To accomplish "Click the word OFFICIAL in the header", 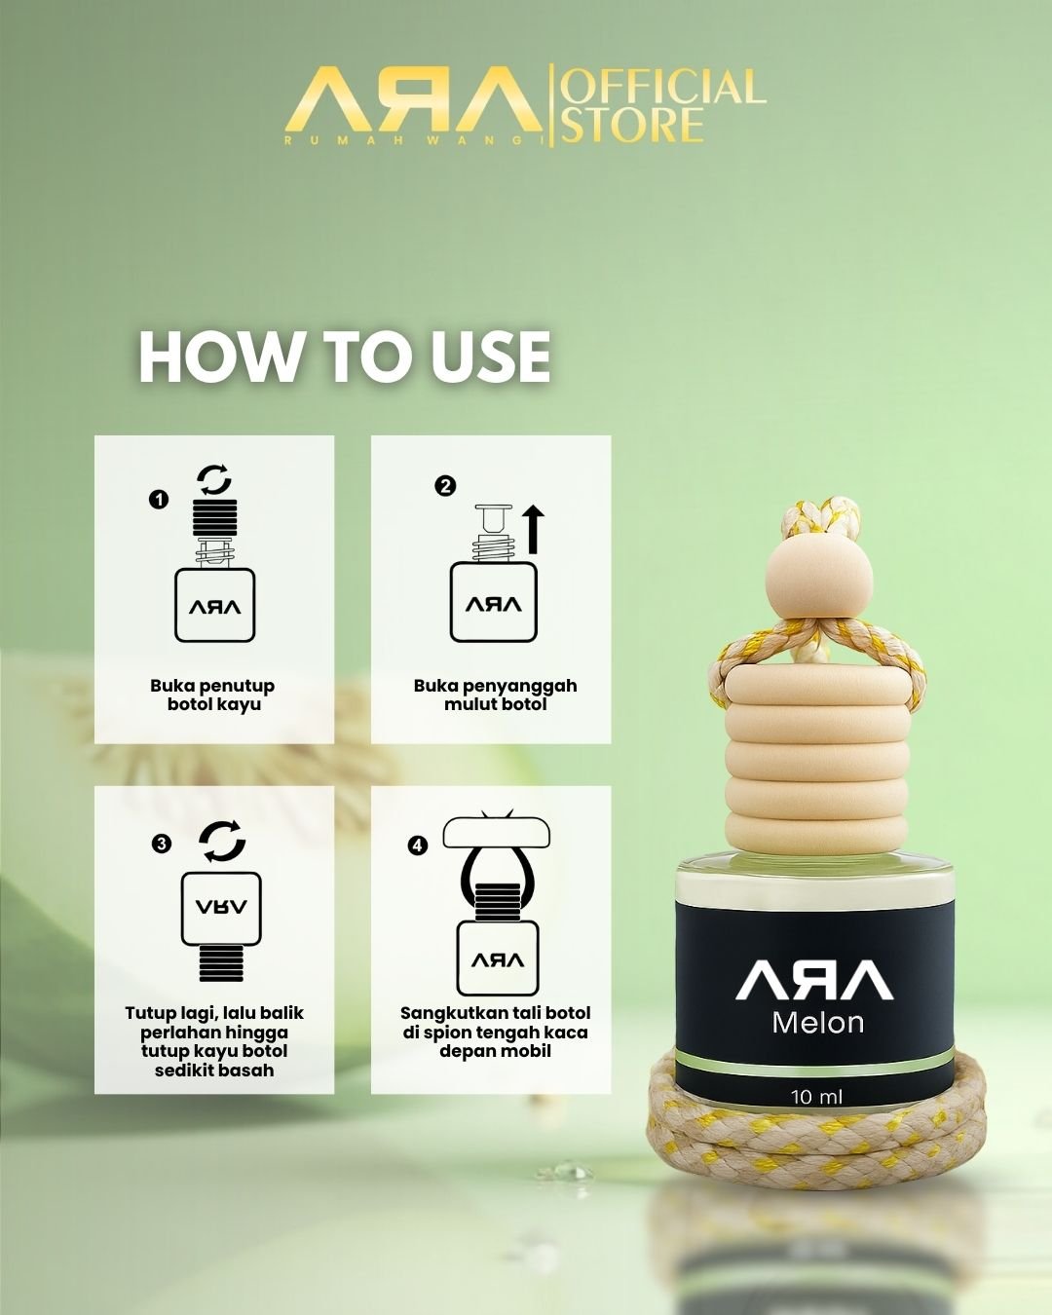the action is [663, 86].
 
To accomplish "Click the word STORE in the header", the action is [632, 126].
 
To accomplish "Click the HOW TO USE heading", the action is [345, 357].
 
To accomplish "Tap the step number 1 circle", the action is [159, 500].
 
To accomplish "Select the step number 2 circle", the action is [445, 486].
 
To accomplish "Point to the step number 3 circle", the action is [162, 844].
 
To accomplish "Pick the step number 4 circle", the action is [418, 845].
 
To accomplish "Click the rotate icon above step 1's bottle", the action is [214, 479].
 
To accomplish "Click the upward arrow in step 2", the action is [535, 529].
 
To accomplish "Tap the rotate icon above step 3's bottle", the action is [222, 842].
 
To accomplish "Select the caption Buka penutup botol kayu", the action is [212, 695].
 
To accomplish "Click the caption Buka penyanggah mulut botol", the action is [495, 695].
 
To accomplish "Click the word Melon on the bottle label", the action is [818, 1023].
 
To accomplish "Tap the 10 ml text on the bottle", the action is [816, 1097].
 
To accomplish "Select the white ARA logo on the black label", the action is [814, 982].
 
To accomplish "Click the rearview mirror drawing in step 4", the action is [497, 832].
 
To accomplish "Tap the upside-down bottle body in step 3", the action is [221, 909].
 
